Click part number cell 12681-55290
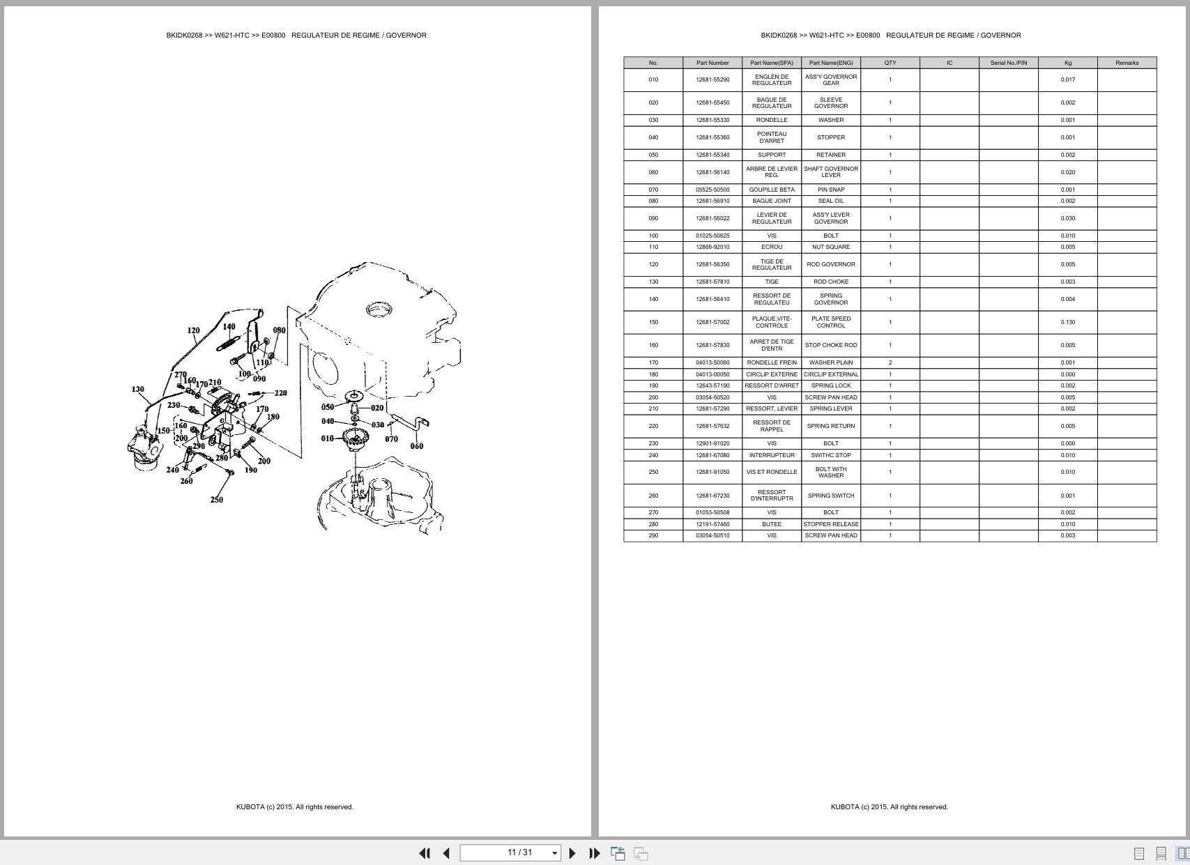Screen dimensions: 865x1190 [712, 79]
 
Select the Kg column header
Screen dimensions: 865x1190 [1067, 63]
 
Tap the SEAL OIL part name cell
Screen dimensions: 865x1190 [830, 201]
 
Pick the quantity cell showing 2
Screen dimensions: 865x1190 [890, 362]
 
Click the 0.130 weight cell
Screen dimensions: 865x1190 [1067, 322]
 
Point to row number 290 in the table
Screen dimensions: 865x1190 [653, 535]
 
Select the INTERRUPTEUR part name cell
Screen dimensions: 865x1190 [771, 455]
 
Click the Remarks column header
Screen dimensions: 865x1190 [1126, 63]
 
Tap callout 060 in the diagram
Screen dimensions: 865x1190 [416, 446]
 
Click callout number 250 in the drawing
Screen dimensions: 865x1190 [216, 500]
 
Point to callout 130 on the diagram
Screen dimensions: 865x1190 [137, 390]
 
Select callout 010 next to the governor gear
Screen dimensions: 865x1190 [327, 438]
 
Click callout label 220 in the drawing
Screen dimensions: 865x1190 [280, 393]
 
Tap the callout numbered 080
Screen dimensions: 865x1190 [279, 330]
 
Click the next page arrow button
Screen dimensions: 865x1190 [572, 853]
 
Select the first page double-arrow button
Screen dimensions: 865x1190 [424, 853]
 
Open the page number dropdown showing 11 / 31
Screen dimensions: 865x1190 [554, 853]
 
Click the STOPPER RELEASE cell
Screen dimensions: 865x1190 [830, 524]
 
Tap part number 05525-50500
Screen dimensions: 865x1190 [712, 190]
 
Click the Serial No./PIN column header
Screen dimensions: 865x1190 [1008, 63]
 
